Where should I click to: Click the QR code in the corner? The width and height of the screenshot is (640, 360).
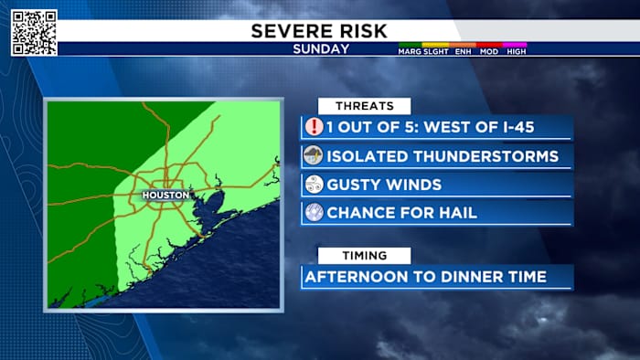[x=34, y=32]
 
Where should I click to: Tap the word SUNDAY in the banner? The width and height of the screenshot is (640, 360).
[x=320, y=48]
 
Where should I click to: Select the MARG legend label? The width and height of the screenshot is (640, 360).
[x=409, y=52]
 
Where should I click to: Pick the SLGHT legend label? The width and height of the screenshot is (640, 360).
[x=436, y=52]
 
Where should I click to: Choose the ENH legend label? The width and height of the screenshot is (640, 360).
[x=464, y=52]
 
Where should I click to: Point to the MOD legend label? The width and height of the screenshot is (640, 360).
[x=490, y=52]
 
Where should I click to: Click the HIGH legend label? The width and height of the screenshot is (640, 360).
[x=517, y=52]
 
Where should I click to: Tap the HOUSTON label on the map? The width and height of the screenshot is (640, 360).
[x=165, y=195]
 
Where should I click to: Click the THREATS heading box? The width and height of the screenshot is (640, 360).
[x=364, y=106]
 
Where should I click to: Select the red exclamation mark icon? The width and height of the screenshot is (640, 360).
[x=314, y=127]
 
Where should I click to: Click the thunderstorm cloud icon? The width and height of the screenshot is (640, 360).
[x=314, y=155]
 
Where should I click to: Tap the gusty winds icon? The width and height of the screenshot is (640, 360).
[x=314, y=184]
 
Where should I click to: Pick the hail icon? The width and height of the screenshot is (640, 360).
[x=314, y=212]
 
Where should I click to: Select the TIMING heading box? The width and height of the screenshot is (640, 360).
[x=364, y=256]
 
